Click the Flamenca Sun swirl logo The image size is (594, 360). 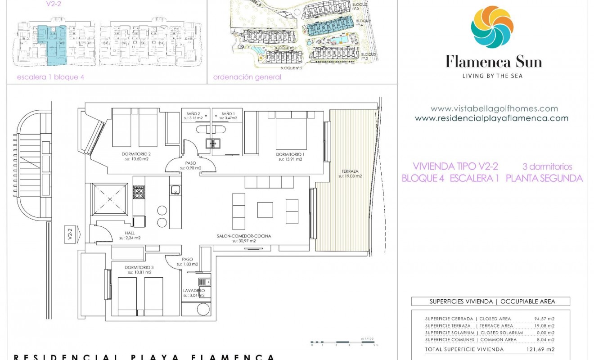tap(492, 27)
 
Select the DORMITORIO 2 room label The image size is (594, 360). tap(136, 154)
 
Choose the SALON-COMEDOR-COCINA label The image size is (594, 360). tap(244, 236)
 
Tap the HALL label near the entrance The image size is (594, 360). tap(124, 233)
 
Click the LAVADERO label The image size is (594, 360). tap(194, 291)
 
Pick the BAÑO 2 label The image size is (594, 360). tap(194, 114)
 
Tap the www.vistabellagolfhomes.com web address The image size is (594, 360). tap(494, 108)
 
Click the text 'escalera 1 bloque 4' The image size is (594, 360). tap(50, 77)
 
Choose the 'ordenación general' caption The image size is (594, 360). tap(247, 77)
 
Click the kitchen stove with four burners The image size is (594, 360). tap(138, 193)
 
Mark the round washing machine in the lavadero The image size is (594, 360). tap(204, 310)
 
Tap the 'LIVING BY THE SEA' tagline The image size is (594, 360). tap(492, 76)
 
